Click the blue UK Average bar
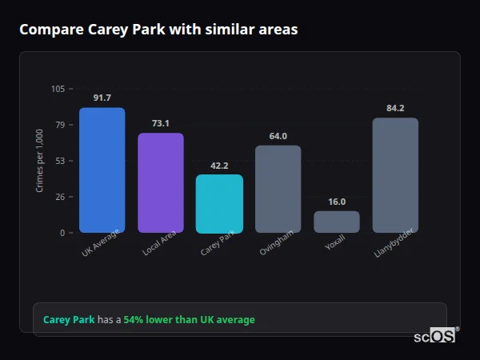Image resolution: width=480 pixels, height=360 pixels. point(102,170)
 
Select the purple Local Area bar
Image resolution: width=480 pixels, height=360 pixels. point(161,183)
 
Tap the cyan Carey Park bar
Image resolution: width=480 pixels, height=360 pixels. point(219,204)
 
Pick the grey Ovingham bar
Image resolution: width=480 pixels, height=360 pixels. point(278,189)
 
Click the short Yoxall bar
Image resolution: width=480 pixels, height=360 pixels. point(337,222)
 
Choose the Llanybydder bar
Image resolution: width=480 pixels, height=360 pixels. point(395,175)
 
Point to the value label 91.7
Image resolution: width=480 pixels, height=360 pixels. point(102,98)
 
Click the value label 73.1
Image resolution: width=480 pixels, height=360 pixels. point(161,123)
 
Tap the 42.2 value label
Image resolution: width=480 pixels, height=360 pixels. point(219,166)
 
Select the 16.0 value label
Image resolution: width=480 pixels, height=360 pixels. point(337,202)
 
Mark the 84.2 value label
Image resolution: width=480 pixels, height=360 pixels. point(395,109)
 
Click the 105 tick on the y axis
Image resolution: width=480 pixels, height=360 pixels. point(58,89)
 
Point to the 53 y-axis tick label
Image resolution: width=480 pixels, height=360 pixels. point(60,161)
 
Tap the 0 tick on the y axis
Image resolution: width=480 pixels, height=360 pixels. point(62,233)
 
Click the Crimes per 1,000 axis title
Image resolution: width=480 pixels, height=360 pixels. point(40,160)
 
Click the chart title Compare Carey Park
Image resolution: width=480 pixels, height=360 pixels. point(158,30)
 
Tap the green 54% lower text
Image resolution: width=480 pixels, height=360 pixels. point(189,320)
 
